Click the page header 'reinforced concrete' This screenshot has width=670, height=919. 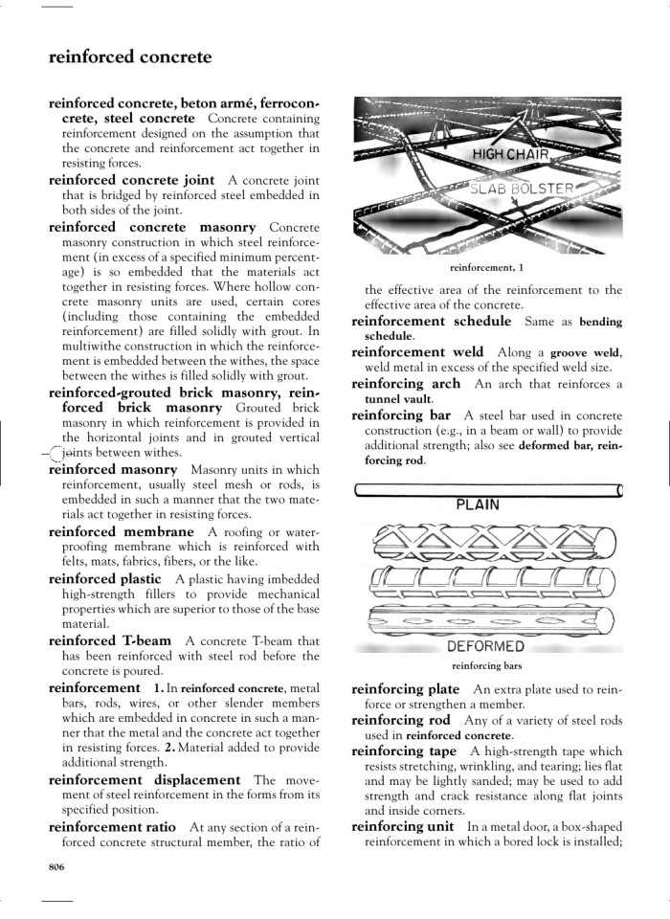tap(130, 57)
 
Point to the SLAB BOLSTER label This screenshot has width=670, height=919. tap(522, 188)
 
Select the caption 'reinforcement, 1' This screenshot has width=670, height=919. tap(487, 268)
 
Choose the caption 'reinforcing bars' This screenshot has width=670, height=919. tap(487, 666)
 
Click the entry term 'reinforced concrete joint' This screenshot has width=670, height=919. tap(131, 179)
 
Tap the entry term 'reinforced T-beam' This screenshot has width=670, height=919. tap(110, 640)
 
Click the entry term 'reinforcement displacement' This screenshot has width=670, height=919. tap(144, 780)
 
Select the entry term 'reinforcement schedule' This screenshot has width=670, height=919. tap(431, 321)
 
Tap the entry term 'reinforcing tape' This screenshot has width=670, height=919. tap(404, 751)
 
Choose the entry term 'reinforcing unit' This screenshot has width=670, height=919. tap(403, 826)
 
